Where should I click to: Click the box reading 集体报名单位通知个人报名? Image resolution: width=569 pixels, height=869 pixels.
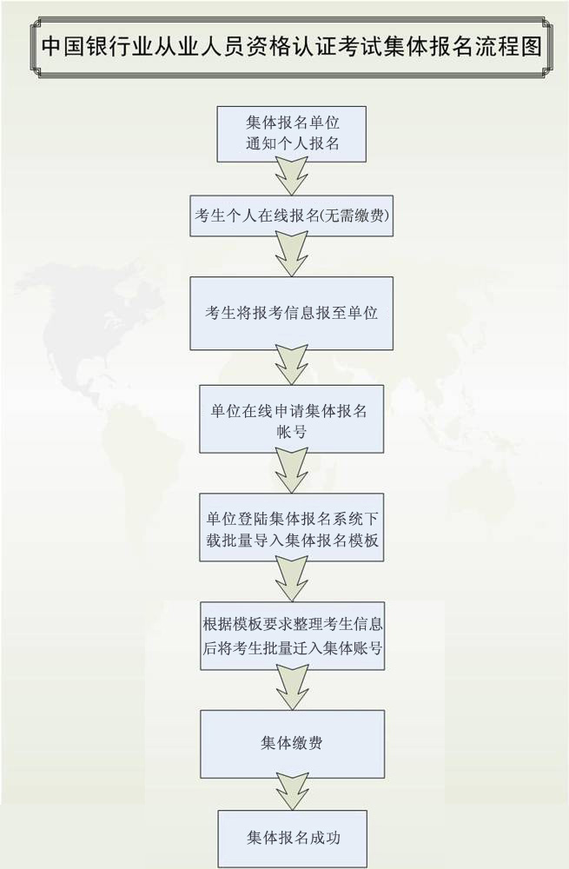291,134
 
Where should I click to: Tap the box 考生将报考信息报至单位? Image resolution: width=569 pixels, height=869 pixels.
291,313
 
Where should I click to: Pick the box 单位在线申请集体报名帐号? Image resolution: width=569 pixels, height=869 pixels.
291,419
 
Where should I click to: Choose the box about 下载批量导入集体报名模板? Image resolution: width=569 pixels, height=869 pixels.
291,527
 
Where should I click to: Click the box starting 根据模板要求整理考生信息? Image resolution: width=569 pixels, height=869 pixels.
291,635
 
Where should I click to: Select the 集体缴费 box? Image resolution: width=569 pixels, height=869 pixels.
291,743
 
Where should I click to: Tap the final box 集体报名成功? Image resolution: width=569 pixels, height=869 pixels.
291,839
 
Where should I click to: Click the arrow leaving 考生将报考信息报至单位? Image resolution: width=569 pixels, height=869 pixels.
291,367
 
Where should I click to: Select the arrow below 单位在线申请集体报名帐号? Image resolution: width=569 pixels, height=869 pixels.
291,473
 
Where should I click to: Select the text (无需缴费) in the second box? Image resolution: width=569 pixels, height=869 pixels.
356,216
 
